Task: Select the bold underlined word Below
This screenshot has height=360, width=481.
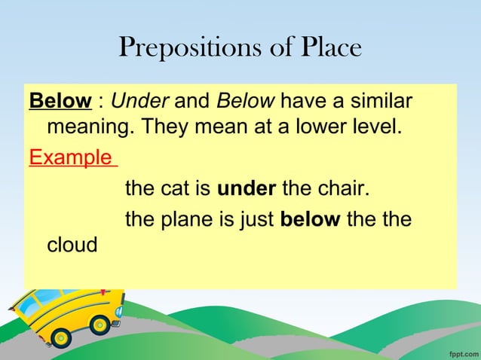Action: pyautogui.click(x=60, y=101)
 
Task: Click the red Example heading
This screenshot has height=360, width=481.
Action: pyautogui.click(x=72, y=160)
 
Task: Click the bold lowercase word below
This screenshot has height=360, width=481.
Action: pyautogui.click(x=310, y=220)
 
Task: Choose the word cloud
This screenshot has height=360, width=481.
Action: pyautogui.click(x=72, y=246)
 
